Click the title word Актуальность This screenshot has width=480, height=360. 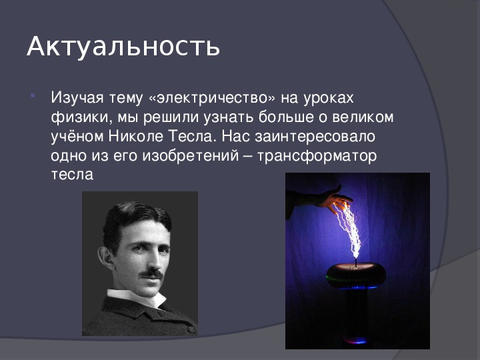[123, 47]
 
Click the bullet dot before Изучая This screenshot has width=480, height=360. [33, 96]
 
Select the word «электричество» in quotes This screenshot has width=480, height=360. [212, 98]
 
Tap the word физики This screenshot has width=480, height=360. [80, 118]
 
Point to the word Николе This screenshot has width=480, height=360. [136, 136]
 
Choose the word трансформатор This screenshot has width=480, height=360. [317, 157]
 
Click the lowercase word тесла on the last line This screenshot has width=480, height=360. [72, 175]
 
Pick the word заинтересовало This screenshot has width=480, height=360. [315, 137]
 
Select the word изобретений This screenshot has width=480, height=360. [191, 156]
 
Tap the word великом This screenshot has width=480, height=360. [363, 117]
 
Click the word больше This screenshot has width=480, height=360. [286, 117]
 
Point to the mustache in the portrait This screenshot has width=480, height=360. [151, 273]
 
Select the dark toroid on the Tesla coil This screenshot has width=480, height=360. [356, 275]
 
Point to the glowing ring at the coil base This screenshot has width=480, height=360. [356, 340]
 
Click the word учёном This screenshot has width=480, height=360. [77, 136]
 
